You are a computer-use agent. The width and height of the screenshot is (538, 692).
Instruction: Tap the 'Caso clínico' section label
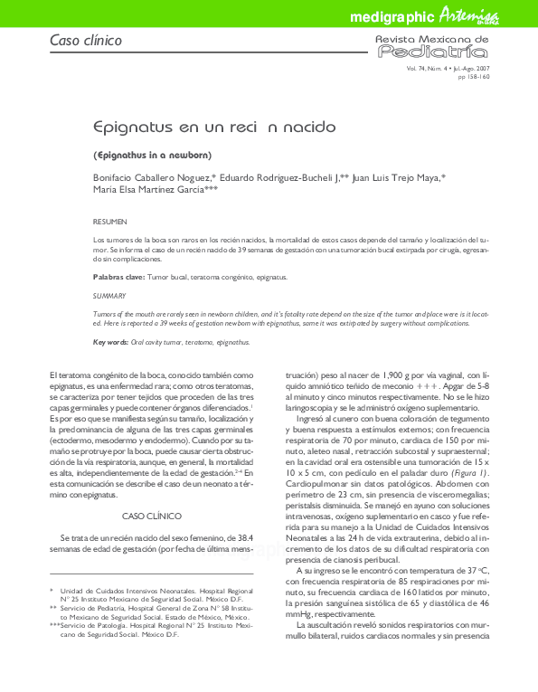tap(85, 41)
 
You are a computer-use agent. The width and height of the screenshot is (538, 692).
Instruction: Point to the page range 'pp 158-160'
tap(474, 77)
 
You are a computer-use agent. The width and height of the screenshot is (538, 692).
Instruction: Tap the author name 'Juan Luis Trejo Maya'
tap(397, 178)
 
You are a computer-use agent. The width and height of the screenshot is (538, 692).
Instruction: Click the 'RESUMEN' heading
tap(110, 222)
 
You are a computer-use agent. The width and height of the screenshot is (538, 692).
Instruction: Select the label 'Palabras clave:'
tap(117, 275)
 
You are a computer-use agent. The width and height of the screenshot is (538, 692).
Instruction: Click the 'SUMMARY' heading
tap(109, 296)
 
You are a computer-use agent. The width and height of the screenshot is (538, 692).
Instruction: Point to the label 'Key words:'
tap(110, 342)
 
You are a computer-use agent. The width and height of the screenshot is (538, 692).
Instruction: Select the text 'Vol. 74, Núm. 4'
tap(424, 69)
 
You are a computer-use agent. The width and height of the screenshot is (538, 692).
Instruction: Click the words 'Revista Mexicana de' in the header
tap(432, 40)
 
